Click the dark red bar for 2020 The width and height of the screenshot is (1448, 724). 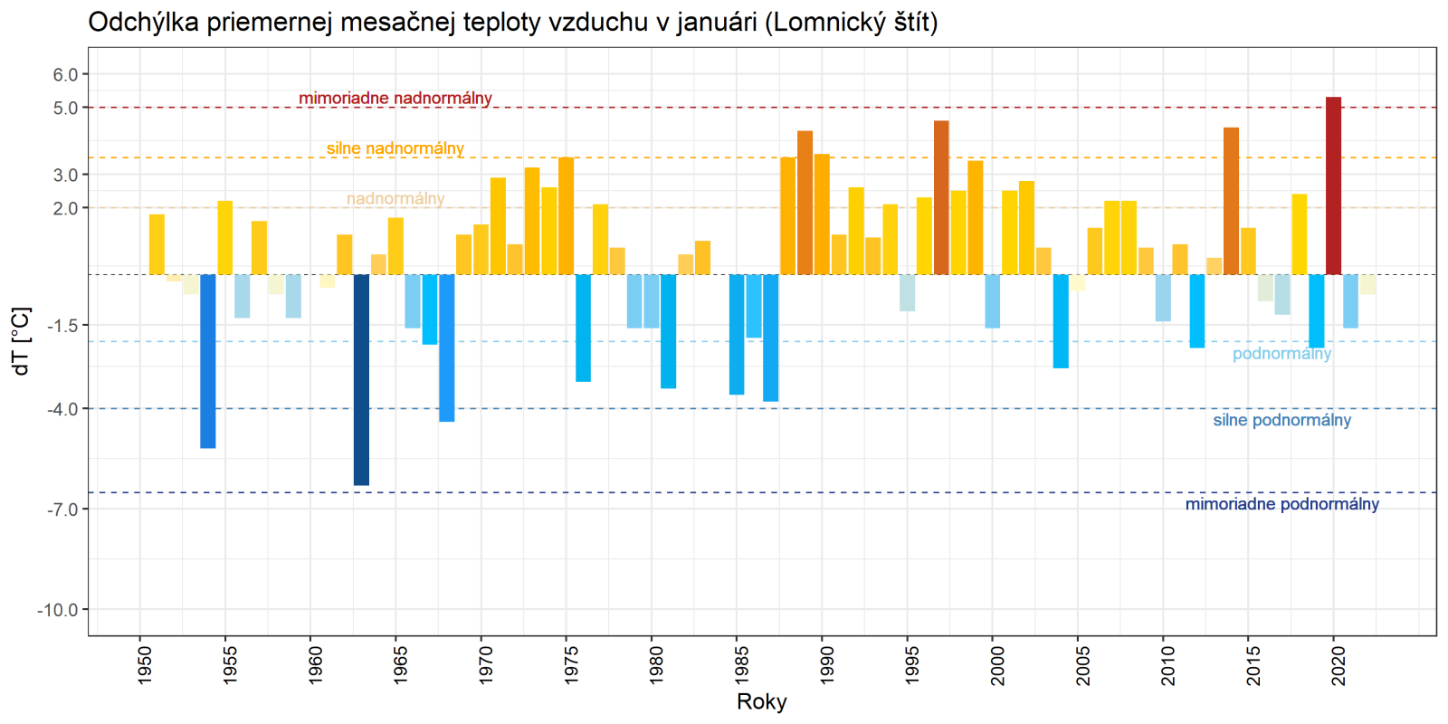tap(1333, 186)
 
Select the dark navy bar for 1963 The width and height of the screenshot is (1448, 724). tap(361, 380)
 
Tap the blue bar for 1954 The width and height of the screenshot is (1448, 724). tap(208, 361)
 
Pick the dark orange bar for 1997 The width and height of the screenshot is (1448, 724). tap(941, 197)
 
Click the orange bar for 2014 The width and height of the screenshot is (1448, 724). tap(1231, 201)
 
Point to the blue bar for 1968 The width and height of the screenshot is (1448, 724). tap(446, 348)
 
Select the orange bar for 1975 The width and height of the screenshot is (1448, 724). tap(566, 215)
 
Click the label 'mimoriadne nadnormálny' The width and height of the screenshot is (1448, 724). tap(395, 98)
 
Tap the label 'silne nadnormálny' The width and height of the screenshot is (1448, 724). tap(395, 148)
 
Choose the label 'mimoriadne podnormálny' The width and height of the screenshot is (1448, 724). tap(1281, 504)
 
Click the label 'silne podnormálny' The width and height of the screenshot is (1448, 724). tap(1281, 420)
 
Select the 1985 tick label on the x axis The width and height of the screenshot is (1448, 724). tap(741, 664)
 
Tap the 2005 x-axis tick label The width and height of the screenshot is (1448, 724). tap(1082, 664)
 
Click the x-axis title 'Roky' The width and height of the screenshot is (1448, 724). tap(762, 701)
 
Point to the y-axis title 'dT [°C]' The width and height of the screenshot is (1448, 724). tap(22, 340)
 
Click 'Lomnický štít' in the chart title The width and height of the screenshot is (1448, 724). tap(852, 22)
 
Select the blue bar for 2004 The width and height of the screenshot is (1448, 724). tap(1061, 321)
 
